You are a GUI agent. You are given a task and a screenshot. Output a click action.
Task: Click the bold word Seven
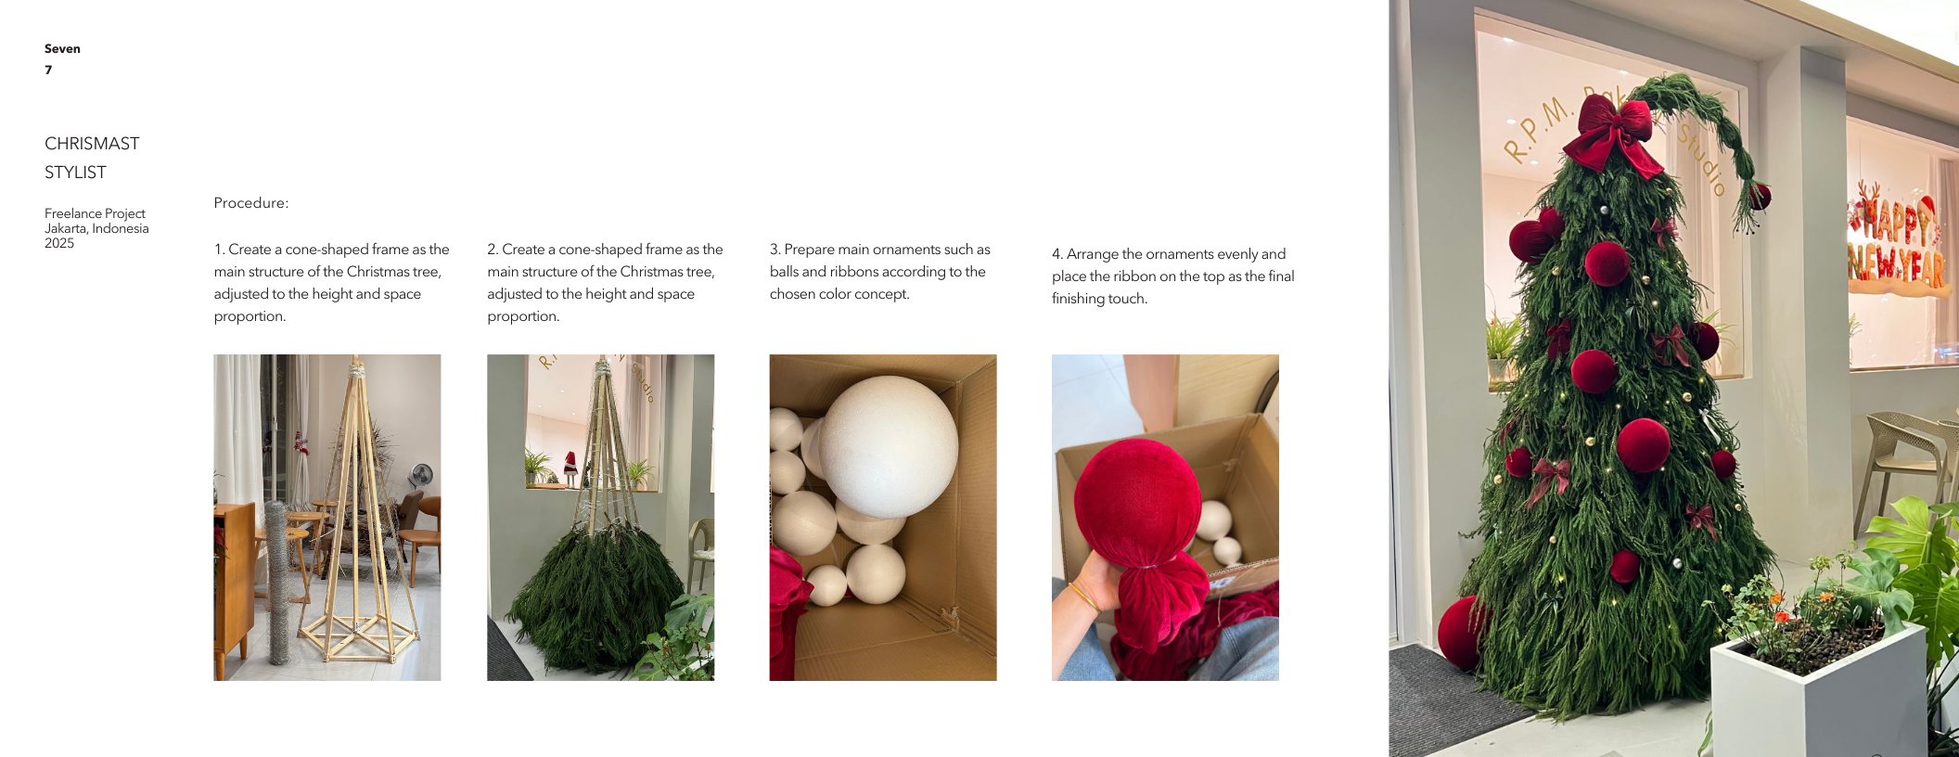[62, 49]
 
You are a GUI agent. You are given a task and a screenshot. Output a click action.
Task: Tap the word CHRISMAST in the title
[92, 144]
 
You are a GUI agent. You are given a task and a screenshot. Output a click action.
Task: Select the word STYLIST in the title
[75, 173]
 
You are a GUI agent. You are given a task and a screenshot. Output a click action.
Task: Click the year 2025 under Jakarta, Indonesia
[59, 243]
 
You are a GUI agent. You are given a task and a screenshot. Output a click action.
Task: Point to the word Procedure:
[251, 203]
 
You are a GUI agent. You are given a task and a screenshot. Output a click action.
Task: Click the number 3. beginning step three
[775, 250]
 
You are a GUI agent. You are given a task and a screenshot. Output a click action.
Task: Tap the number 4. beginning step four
[1057, 254]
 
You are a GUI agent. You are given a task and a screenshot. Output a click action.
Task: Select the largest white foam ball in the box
[889, 446]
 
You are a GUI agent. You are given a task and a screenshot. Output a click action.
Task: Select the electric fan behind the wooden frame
[422, 477]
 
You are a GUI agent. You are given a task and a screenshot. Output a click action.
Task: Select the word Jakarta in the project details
[65, 229]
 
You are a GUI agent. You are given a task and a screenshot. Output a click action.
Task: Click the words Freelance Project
[95, 213]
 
